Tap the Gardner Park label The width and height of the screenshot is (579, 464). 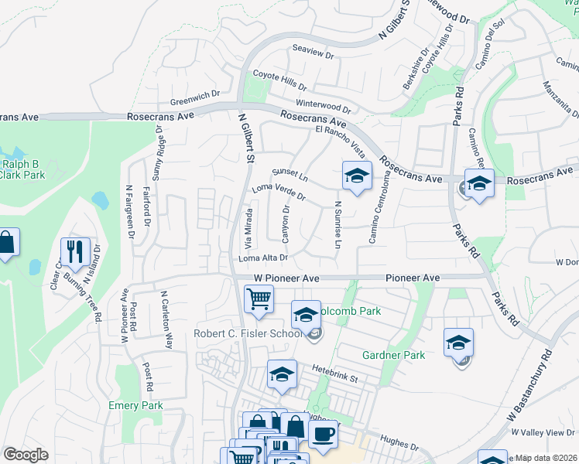394,355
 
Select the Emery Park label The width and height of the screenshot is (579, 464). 135,405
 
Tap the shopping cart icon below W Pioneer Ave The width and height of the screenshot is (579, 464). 259,299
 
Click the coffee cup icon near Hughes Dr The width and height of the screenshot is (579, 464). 323,433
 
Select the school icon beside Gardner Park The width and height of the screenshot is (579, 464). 458,342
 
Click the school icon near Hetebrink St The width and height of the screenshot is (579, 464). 282,374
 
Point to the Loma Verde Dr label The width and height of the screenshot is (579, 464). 279,192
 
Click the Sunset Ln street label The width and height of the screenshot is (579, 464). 290,175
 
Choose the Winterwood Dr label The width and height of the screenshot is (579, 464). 323,105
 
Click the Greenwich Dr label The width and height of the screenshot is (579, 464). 196,101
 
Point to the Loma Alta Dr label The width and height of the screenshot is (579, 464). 264,258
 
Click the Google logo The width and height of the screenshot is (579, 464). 26,455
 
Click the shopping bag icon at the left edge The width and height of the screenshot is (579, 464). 6,243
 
